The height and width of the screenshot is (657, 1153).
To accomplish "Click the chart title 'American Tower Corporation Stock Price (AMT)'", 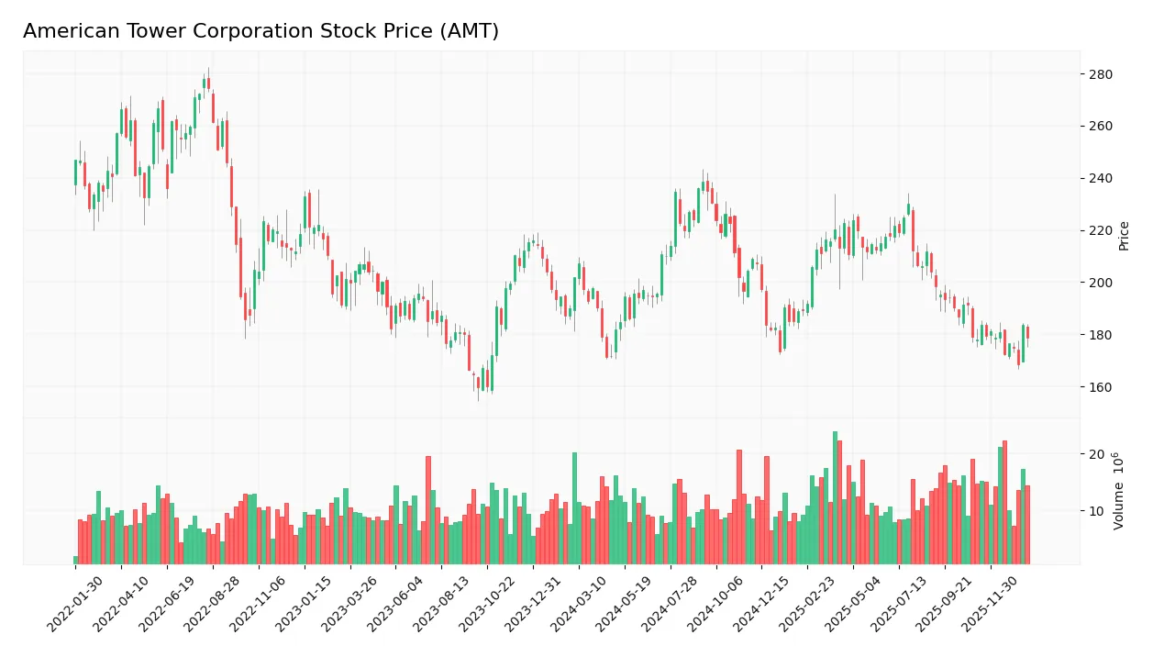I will [x=261, y=31].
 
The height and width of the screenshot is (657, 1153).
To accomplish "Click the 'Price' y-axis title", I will [x=1124, y=236].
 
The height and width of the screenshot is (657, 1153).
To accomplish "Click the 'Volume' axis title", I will [x=1119, y=491].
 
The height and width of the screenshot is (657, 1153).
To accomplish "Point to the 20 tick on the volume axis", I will [x=1097, y=454].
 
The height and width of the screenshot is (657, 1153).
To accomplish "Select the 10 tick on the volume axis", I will [x=1097, y=511].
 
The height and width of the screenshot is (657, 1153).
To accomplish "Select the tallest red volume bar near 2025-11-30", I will [x=1004, y=503].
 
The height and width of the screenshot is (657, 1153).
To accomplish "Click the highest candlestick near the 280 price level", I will [x=208, y=84].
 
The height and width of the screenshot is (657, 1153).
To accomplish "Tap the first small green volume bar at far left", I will [x=75, y=560].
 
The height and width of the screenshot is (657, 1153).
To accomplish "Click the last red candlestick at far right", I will [x=1027, y=333].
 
